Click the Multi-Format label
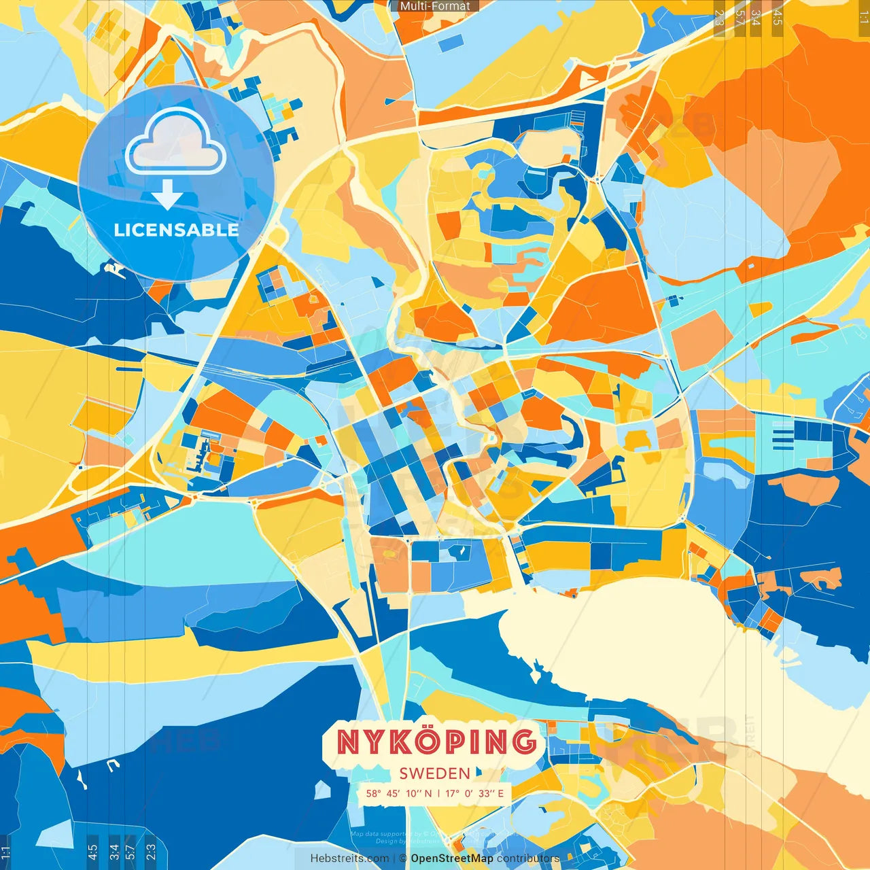[435, 6]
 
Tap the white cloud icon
[175, 143]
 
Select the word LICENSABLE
[177, 230]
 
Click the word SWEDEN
[435, 773]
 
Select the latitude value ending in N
[399, 793]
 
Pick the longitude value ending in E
[474, 793]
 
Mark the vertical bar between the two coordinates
[438, 793]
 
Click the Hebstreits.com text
[349, 858]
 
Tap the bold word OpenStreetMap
[452, 858]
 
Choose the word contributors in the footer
[528, 858]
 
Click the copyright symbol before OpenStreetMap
[403, 858]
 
